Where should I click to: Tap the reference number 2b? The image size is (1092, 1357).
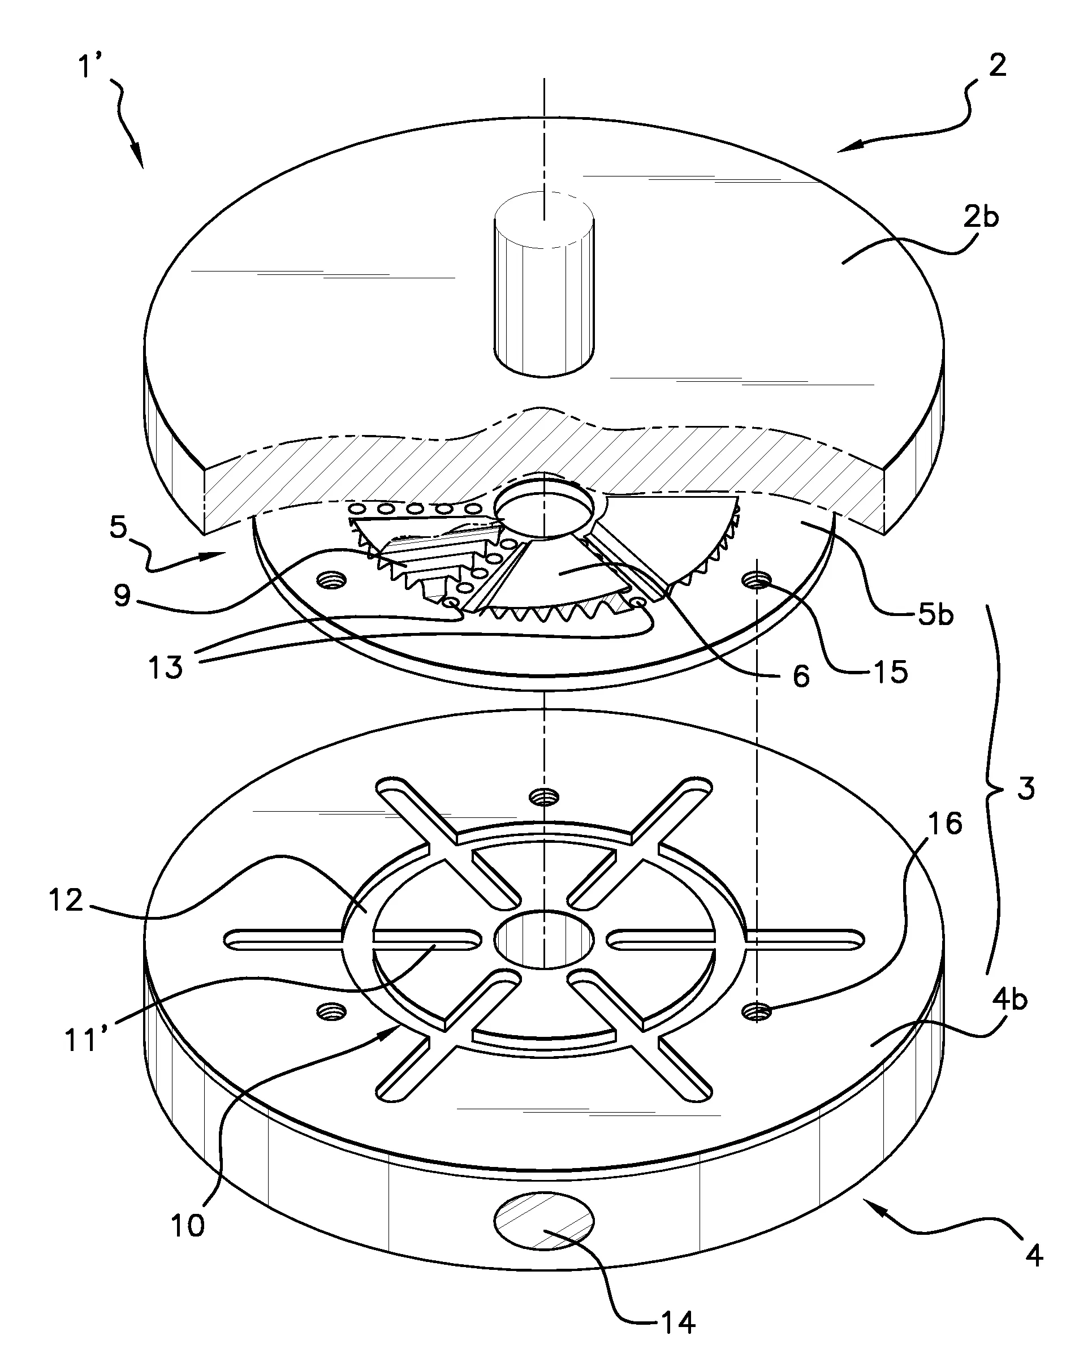pos(981,217)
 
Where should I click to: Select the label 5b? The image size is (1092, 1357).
pos(936,614)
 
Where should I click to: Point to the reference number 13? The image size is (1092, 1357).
pos(166,666)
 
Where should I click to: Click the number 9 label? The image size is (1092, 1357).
pos(122,595)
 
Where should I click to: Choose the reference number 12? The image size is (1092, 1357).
pos(66,901)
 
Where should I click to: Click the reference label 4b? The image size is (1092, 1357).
pos(1009,1000)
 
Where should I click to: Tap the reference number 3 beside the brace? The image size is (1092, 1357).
pos(1026,789)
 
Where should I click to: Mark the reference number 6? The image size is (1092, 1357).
pos(801,677)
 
